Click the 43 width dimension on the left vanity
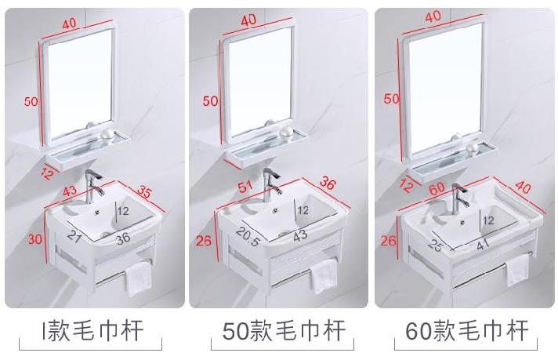[x=70, y=190]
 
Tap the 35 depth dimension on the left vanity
[x=144, y=191]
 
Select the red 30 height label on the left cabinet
[x=35, y=239]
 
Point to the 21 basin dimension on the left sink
[x=74, y=236]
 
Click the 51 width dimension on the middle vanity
[x=245, y=186]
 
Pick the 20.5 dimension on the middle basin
[x=248, y=236]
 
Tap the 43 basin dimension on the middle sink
[x=300, y=236]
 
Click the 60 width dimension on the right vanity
[x=437, y=188]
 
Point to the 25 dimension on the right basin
[x=435, y=245]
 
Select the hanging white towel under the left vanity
[x=139, y=278]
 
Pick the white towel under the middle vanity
[x=324, y=276]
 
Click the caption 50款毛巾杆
[x=284, y=331]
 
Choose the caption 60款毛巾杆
[x=467, y=331]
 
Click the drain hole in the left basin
[x=97, y=213]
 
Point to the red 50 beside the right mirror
[x=391, y=99]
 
